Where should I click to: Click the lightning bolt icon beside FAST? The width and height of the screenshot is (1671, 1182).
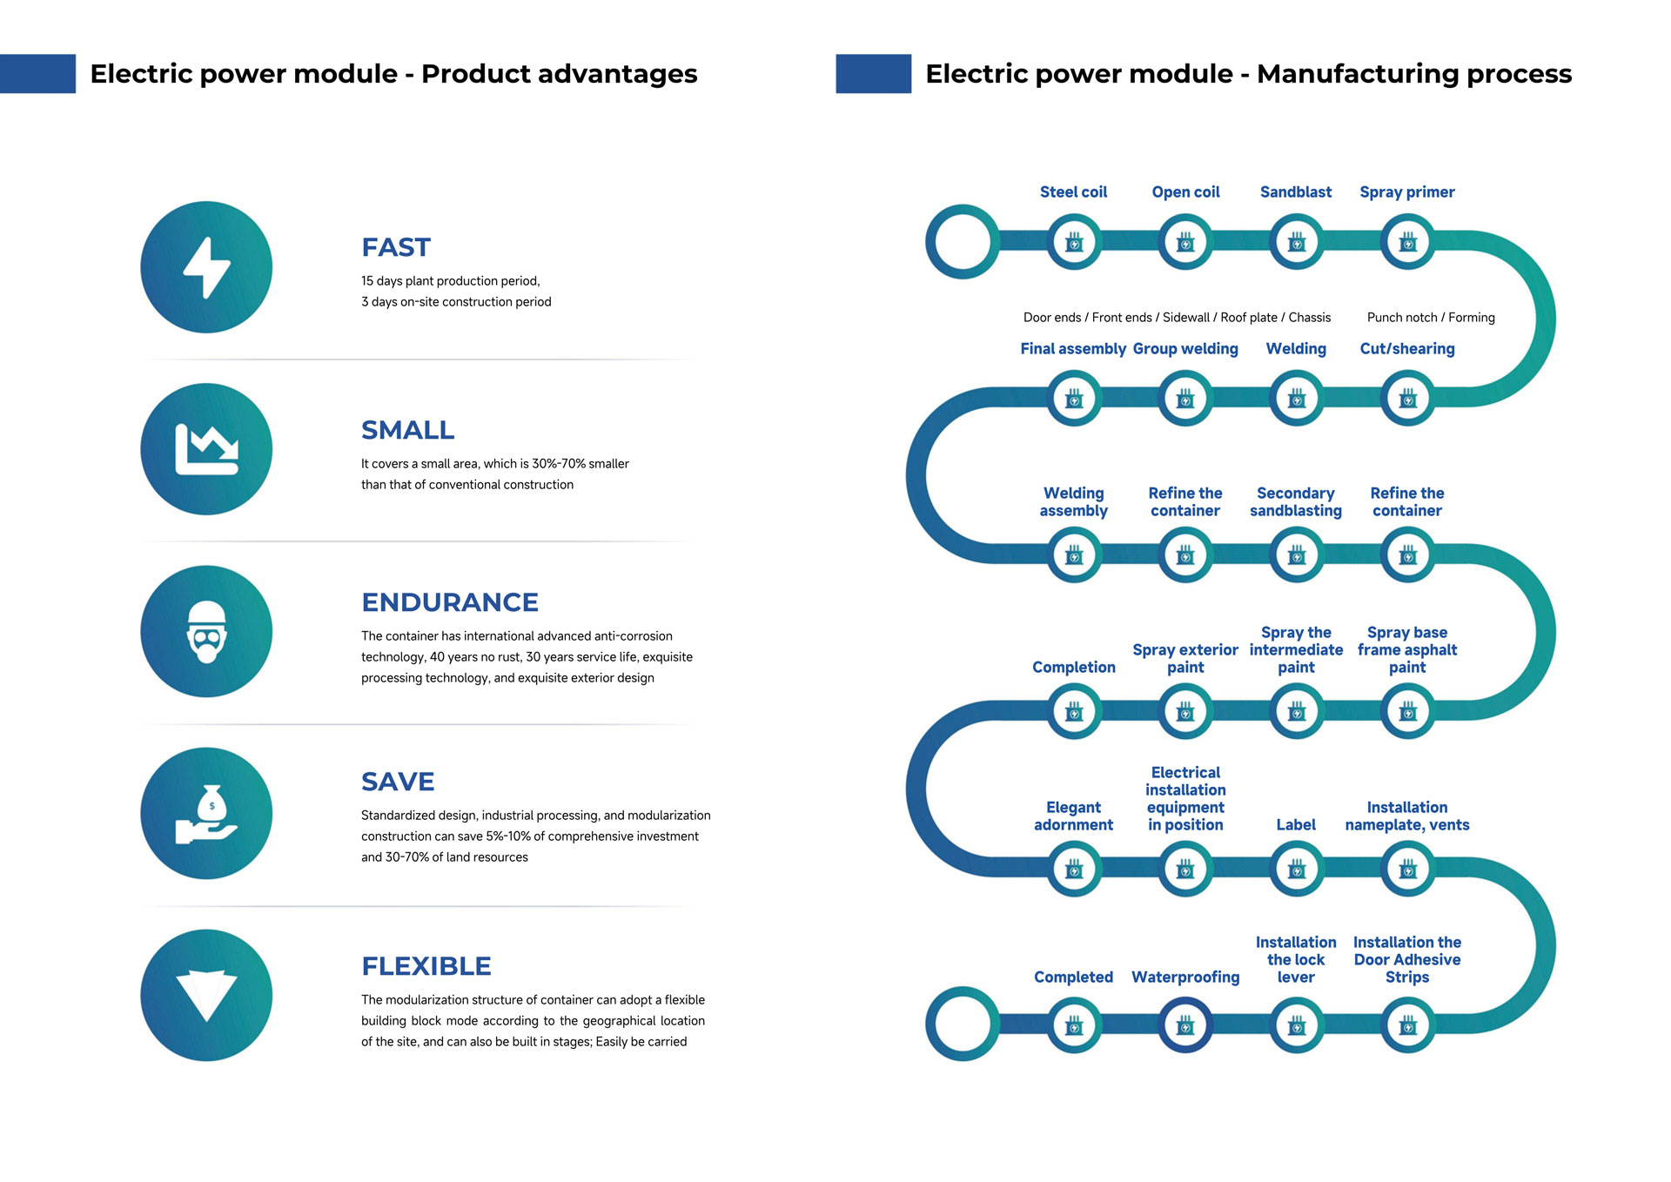(x=206, y=267)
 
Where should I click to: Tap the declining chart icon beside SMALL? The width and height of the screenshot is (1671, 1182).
(x=206, y=449)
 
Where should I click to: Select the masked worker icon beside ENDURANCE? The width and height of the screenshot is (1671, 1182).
(x=206, y=631)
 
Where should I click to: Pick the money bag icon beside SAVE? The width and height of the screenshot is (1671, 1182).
(x=206, y=814)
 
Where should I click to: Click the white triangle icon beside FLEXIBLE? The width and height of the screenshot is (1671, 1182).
(x=206, y=995)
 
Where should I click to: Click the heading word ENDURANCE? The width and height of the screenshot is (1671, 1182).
(x=449, y=602)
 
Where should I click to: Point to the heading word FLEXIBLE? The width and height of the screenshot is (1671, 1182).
(x=426, y=966)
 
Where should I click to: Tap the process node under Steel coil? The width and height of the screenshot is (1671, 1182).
(x=1074, y=242)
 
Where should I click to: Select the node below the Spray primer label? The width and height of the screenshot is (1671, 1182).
(x=1407, y=242)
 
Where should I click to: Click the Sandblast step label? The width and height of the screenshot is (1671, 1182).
(x=1295, y=192)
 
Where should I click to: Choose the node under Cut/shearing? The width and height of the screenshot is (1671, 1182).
(x=1407, y=399)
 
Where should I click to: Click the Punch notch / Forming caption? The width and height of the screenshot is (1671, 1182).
(x=1430, y=318)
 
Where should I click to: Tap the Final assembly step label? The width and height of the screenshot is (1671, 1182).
(x=1073, y=349)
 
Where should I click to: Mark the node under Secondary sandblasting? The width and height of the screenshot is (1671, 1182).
(x=1296, y=555)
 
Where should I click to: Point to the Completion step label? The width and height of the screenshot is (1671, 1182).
(x=1073, y=668)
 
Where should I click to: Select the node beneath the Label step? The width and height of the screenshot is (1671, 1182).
(x=1296, y=869)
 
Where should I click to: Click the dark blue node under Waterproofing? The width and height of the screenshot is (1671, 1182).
(x=1185, y=1025)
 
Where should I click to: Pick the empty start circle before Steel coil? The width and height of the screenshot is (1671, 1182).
(x=963, y=242)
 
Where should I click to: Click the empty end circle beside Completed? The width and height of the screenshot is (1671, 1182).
(x=963, y=1024)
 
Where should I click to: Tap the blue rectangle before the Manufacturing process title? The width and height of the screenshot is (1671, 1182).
(x=873, y=74)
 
